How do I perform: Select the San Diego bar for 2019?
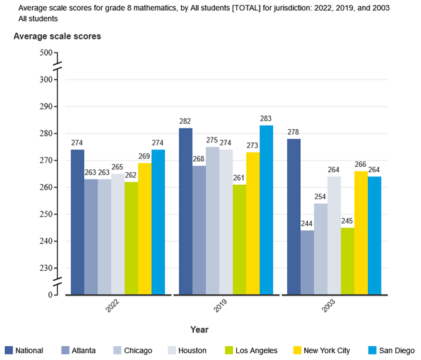click(x=266, y=210)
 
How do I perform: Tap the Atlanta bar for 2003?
click(x=307, y=263)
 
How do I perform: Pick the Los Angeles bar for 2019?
click(x=239, y=239)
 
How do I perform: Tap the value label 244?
click(x=307, y=224)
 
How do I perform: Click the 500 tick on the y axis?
click(x=46, y=53)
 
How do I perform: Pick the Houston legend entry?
click(x=193, y=350)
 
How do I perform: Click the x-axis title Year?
click(x=199, y=330)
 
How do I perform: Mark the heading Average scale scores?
click(x=57, y=36)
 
